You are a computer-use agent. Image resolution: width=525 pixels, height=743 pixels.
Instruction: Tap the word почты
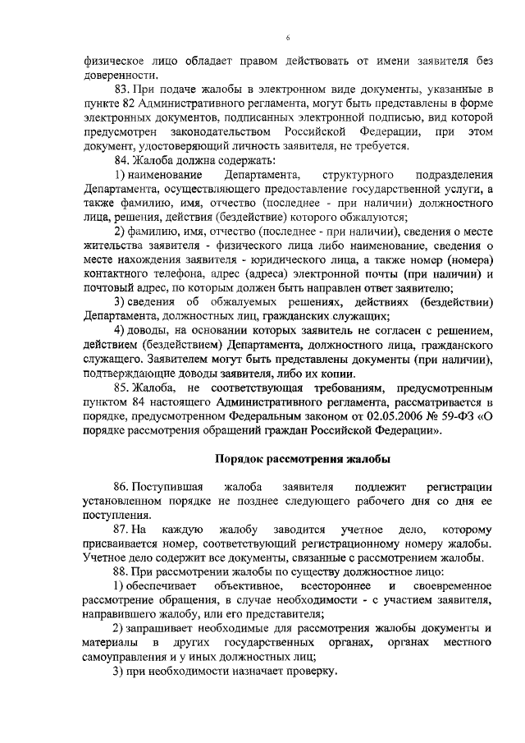point(377,273)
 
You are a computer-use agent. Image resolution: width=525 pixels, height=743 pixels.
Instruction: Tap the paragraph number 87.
point(123,530)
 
